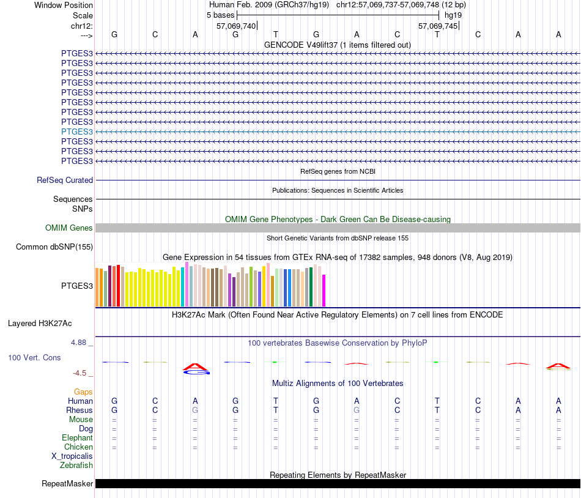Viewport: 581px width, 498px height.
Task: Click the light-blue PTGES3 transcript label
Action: [x=77, y=132]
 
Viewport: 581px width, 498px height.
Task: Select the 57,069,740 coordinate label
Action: [x=236, y=26]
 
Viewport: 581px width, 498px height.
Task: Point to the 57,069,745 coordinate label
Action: [x=437, y=26]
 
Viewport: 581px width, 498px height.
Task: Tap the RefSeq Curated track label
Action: [x=65, y=180]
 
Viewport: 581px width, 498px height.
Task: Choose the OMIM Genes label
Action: [x=69, y=228]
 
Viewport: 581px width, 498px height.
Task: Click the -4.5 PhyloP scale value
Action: [x=81, y=373]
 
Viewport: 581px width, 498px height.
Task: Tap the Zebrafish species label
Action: [x=76, y=466]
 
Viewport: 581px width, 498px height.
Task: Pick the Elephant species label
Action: [x=77, y=438]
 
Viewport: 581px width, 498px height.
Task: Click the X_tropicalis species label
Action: [x=72, y=456]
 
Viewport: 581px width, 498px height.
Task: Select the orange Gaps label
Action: [x=83, y=392]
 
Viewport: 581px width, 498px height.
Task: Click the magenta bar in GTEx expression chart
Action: [x=324, y=291]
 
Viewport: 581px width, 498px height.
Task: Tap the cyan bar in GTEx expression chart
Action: [x=183, y=286]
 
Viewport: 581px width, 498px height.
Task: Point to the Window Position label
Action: [x=64, y=5]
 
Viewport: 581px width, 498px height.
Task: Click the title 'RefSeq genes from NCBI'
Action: [x=338, y=171]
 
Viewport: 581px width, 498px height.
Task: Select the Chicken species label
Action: [x=78, y=447]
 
